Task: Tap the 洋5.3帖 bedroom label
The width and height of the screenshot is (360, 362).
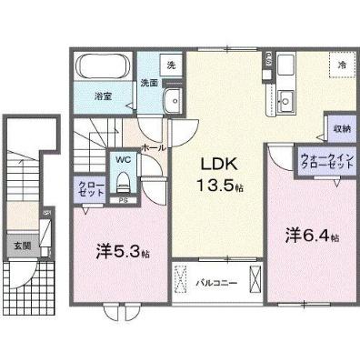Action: [x=112, y=248]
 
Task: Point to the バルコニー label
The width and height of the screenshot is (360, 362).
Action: [x=216, y=283]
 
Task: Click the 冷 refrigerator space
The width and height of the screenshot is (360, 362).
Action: [x=342, y=65]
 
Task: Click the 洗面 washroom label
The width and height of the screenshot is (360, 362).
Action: [x=148, y=83]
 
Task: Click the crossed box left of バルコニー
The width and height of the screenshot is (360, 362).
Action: [x=180, y=277]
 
